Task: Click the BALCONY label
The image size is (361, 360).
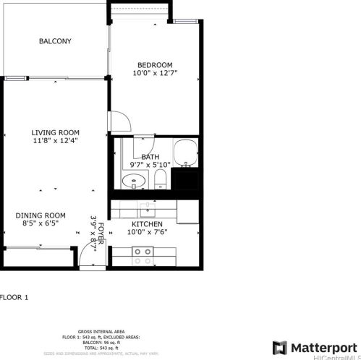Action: coord(55,41)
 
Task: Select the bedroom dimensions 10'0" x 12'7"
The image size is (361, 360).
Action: coord(155,73)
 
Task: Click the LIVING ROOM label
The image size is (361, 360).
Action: coord(55,132)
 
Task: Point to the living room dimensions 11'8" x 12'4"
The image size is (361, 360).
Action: coord(55,141)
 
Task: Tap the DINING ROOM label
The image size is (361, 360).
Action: coord(41,215)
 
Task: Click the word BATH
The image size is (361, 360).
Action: coord(150,156)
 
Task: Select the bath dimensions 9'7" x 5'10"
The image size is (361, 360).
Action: coord(150,165)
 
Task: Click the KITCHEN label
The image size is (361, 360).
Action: coord(147,224)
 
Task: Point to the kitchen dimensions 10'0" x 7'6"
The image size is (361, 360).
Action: coord(147,233)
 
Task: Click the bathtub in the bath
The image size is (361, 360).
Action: coord(186,153)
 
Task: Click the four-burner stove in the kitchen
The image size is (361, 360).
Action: coord(143,255)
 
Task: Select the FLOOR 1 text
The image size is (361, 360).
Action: coord(14,297)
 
